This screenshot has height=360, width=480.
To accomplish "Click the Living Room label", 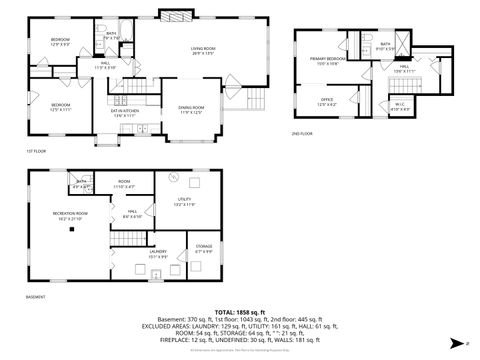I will pyautogui.click(x=204, y=50).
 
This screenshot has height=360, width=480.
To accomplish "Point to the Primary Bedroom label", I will pyautogui.click(x=327, y=60).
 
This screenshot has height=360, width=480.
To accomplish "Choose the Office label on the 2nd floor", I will pyautogui.click(x=327, y=100).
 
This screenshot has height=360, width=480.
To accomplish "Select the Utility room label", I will pyautogui.click(x=184, y=201).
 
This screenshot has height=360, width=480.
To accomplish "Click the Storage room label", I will pyautogui.click(x=203, y=246).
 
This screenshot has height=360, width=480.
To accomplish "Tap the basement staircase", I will pyautogui.click(x=130, y=238).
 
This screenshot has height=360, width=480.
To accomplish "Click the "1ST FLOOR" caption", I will pyautogui.click(x=34, y=153).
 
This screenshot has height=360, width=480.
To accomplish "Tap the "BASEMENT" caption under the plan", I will pyautogui.click(x=35, y=296).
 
